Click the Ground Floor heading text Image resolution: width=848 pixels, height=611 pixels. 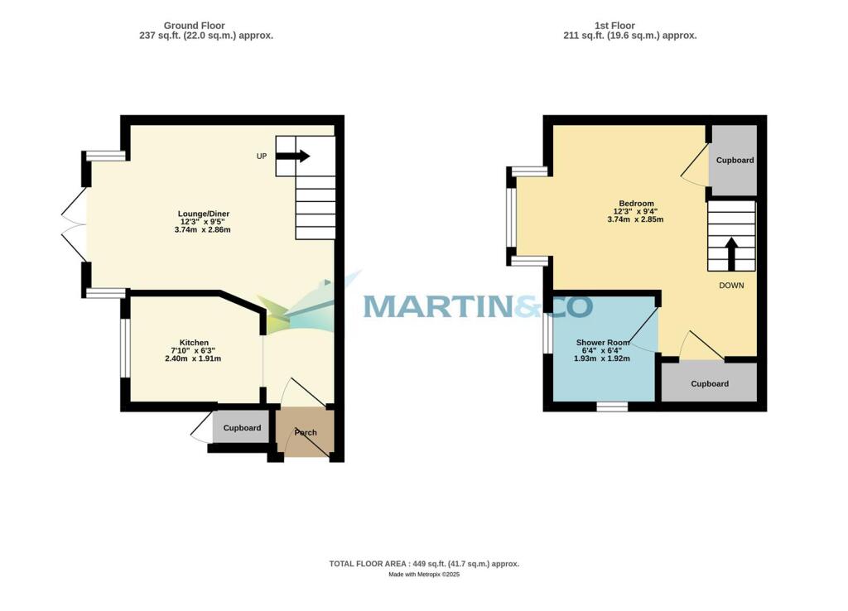click(x=194, y=26)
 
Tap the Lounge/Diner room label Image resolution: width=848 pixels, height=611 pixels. click(x=204, y=214)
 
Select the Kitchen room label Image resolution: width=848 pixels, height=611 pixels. click(x=194, y=343)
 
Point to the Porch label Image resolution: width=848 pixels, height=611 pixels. click(x=306, y=432)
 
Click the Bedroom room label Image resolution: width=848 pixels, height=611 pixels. click(x=636, y=204)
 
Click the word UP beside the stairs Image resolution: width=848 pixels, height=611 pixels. click(x=262, y=156)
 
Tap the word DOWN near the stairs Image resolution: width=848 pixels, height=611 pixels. click(x=731, y=286)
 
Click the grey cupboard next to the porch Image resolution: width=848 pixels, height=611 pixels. click(x=242, y=428)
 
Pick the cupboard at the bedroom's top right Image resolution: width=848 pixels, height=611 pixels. click(x=735, y=160)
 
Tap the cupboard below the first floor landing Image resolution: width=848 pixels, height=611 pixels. click(x=710, y=383)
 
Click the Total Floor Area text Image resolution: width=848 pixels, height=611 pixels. click(x=424, y=564)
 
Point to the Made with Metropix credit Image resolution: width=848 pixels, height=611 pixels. click(x=424, y=575)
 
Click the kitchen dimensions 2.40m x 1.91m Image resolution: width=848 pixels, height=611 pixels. click(x=193, y=359)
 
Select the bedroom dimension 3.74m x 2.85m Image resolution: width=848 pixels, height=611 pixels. click(x=635, y=219)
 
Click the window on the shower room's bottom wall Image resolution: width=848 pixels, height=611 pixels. click(x=612, y=407)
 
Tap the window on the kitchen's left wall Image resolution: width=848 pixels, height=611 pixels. click(x=126, y=349)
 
